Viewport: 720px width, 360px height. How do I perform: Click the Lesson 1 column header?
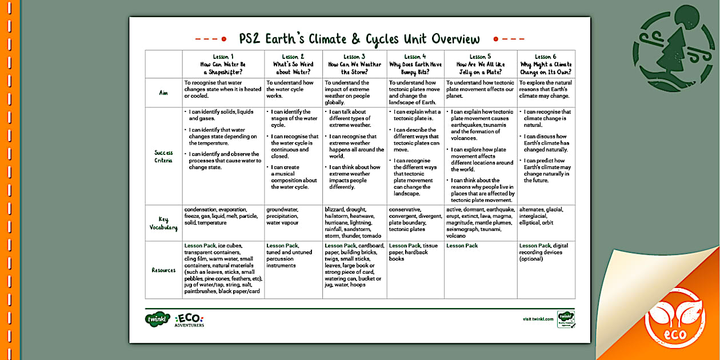click(x=223, y=64)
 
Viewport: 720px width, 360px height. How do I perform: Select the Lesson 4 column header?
click(x=415, y=64)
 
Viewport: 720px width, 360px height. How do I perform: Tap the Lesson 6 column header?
click(x=546, y=64)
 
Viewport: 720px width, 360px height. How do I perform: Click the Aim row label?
click(x=163, y=93)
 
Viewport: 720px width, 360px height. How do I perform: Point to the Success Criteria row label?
click(x=163, y=156)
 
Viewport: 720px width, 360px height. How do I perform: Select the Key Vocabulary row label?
click(x=163, y=223)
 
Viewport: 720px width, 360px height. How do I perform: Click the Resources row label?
click(x=163, y=270)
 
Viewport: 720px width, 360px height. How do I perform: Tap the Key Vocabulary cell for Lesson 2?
click(x=293, y=222)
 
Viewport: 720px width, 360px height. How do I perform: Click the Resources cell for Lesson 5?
click(x=480, y=269)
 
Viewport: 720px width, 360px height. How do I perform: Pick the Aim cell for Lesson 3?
click(x=354, y=93)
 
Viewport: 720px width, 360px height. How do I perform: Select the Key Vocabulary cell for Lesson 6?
click(x=546, y=222)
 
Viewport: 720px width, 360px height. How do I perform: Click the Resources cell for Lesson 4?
click(x=415, y=269)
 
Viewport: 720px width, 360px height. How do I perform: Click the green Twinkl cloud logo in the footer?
click(x=157, y=318)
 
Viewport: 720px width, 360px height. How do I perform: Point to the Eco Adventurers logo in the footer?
click(x=189, y=319)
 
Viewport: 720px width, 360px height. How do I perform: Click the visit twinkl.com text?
click(x=538, y=319)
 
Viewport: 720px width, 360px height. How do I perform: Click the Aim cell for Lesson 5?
click(x=480, y=93)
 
